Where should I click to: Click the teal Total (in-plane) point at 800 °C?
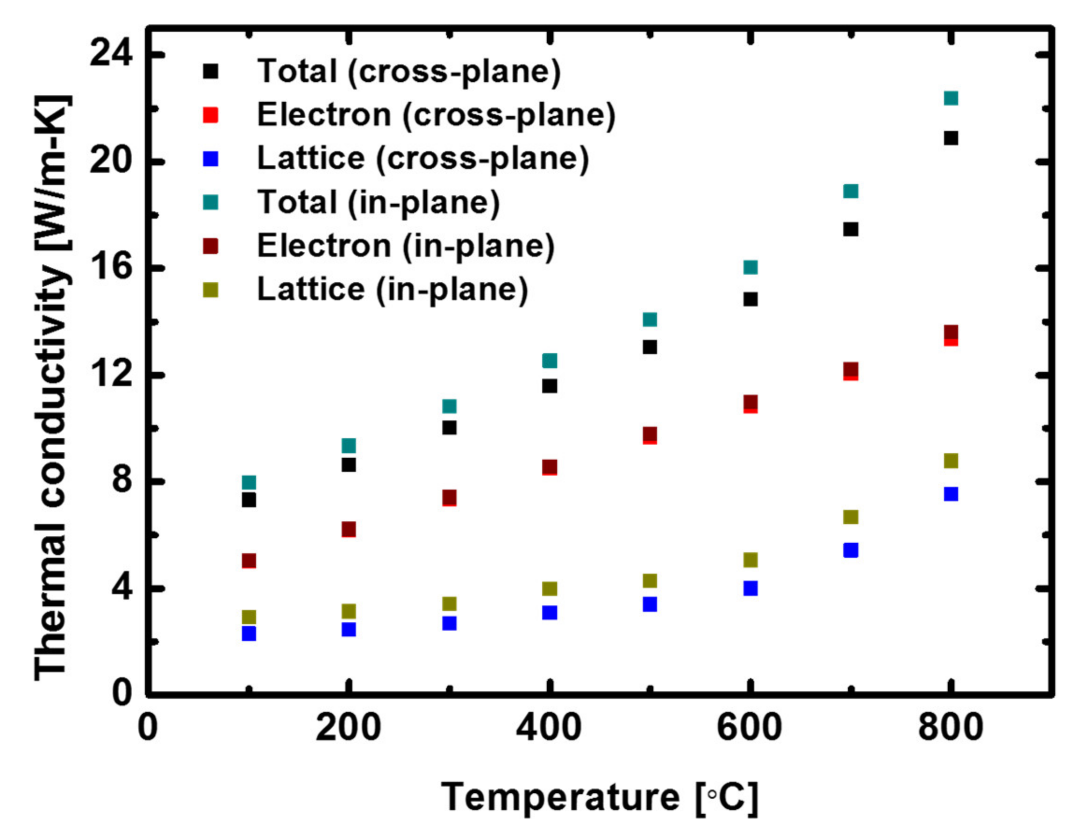pos(951,98)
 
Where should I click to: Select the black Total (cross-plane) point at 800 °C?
pos(951,138)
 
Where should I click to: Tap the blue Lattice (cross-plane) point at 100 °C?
pos(249,633)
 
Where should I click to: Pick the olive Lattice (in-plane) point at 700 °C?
pos(851,517)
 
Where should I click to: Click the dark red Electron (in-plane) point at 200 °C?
pos(349,529)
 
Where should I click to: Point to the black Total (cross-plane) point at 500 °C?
pos(650,347)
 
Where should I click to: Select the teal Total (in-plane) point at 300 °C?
pos(449,406)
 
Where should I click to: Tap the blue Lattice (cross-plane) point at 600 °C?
pos(750,588)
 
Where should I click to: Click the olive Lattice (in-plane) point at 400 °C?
pos(550,589)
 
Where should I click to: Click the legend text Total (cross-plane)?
pos(408,71)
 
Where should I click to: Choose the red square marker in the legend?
pos(211,115)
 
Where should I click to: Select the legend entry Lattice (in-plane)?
pos(392,289)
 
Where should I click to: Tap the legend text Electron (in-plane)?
pos(406,246)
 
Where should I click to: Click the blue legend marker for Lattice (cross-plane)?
pos(211,159)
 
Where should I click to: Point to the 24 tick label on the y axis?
pos(111,53)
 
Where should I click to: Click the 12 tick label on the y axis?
pos(111,375)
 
